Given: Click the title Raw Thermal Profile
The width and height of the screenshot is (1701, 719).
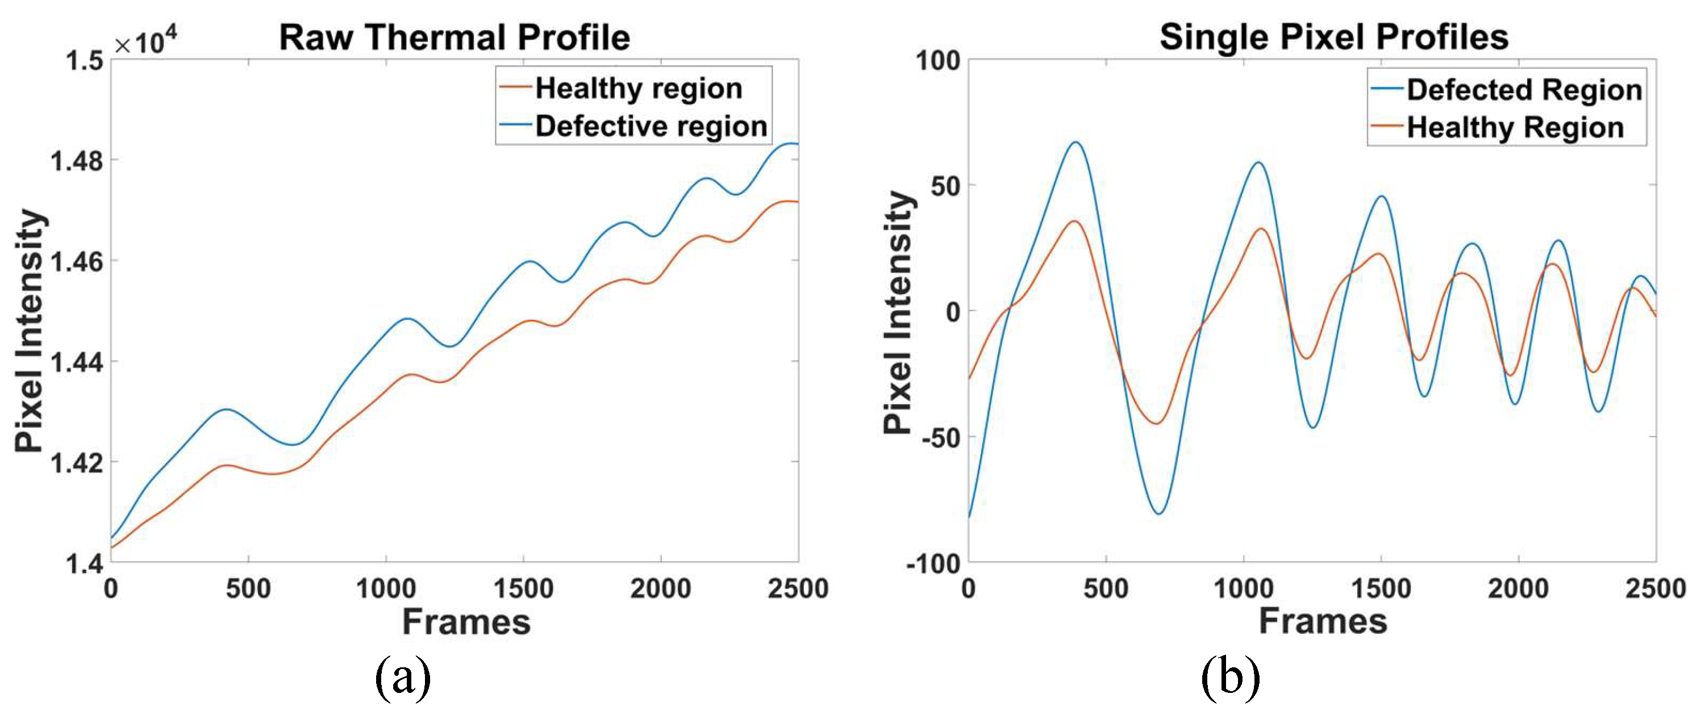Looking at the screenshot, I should [x=455, y=37].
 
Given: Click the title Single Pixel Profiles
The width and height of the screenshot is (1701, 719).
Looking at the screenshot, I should [x=1334, y=37].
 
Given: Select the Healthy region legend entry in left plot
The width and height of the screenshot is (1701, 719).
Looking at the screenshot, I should [x=638, y=89].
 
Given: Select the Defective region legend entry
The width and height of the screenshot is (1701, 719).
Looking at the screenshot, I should [x=651, y=126].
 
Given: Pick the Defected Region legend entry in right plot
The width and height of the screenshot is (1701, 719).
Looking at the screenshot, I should [x=1523, y=90].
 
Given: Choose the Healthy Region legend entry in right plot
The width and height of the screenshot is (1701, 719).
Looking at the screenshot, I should [x=1515, y=127].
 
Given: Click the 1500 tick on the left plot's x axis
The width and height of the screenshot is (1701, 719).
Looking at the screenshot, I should [x=523, y=589].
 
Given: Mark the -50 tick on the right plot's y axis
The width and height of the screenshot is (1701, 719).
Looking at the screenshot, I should [x=939, y=437].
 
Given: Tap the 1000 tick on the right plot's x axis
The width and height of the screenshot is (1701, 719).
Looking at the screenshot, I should [x=1244, y=589].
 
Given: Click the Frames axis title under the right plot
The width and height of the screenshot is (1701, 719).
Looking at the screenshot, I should [x=1323, y=621].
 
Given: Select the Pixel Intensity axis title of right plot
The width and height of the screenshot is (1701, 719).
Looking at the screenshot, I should [x=898, y=312].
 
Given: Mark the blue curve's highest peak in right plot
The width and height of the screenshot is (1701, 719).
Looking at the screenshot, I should [x=1075, y=142].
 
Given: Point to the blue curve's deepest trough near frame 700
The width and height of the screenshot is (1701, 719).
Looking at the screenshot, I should [x=1159, y=513].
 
